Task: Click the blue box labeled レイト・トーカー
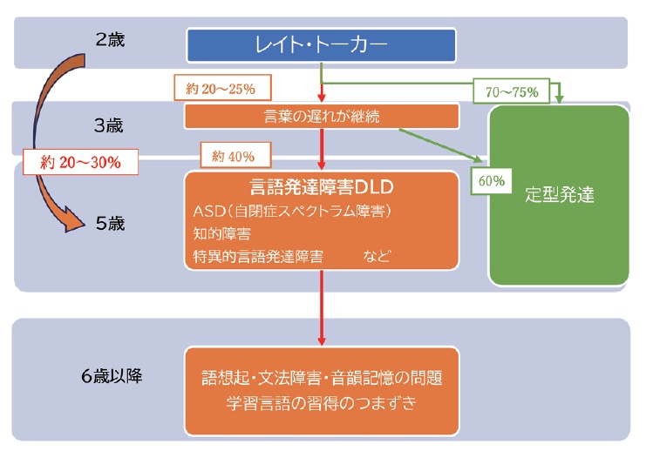point(322,45)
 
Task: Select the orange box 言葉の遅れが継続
point(322,116)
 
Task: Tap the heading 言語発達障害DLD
point(322,188)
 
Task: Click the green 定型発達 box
point(559,195)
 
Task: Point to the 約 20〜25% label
point(223,87)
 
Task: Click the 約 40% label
point(235,157)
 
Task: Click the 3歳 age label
point(110,124)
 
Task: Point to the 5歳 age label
point(111,224)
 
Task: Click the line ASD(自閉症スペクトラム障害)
point(290,212)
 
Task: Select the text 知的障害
point(221,233)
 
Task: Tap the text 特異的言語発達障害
point(258,256)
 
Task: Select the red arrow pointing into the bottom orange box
point(323,313)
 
